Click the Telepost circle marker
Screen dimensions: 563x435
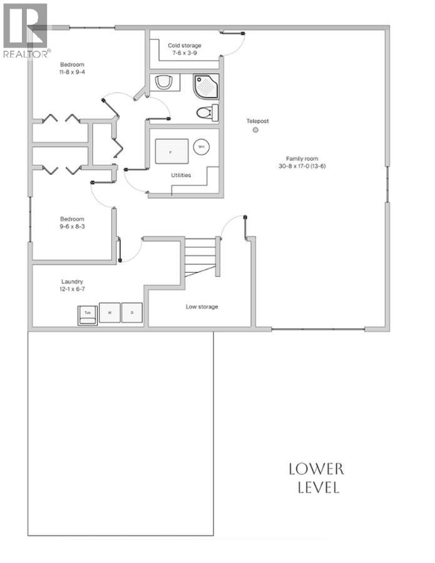pos(255,130)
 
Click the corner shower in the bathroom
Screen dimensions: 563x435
pos(206,88)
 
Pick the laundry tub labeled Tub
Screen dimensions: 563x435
pos(88,313)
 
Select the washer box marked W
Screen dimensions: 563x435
pos(110,312)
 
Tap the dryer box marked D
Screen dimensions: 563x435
pos(131,312)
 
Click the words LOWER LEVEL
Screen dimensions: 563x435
pos(316,479)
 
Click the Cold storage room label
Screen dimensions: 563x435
pos(183,46)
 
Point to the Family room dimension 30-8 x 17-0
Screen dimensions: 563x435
pos(302,166)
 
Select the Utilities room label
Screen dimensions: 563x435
pos(181,175)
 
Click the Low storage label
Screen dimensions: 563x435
pos(202,307)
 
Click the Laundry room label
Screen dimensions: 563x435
pos(72,282)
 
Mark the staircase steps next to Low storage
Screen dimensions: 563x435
pos(200,256)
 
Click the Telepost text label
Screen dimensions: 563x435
pos(257,121)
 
